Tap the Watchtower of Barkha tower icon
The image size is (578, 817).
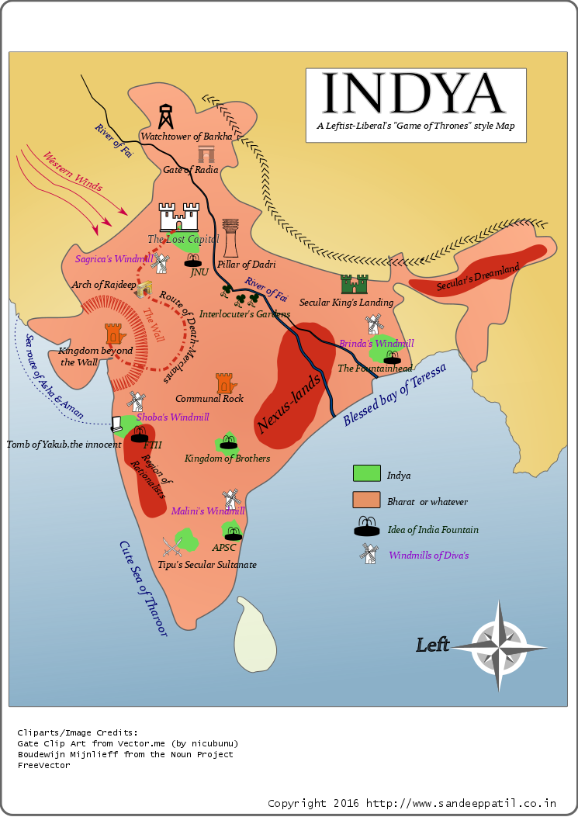tap(165, 117)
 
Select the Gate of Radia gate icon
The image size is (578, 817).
tap(206, 154)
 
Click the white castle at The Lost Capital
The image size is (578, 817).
tap(179, 216)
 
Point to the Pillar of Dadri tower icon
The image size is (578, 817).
tap(230, 237)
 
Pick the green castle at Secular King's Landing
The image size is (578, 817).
tap(355, 284)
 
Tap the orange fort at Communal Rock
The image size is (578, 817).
tap(224, 383)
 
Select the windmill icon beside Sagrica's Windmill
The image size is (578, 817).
tap(160, 263)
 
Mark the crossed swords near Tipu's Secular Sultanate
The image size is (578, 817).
tap(172, 546)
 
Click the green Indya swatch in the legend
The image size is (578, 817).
tap(366, 473)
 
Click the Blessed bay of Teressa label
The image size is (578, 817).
tap(395, 394)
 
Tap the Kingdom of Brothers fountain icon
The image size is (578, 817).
tap(228, 442)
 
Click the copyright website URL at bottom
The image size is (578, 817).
tap(461, 803)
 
